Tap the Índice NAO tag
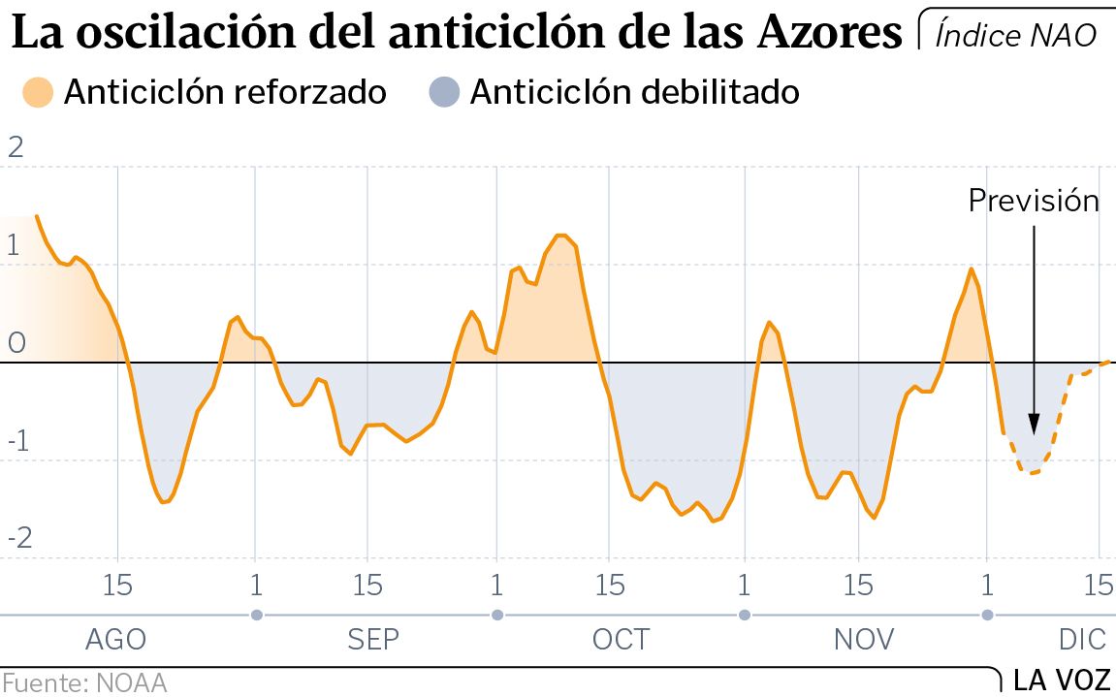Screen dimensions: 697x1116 point(1016,35)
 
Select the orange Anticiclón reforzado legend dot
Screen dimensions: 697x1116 point(38,92)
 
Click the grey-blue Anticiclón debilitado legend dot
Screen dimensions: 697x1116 point(443,92)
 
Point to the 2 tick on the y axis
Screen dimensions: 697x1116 point(15,147)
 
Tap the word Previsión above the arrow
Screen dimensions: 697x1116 point(1034,201)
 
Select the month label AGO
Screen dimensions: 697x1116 point(116,640)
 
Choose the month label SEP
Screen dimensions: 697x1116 point(372,640)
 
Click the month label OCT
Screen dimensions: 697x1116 point(621,640)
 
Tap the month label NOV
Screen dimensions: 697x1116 point(864,640)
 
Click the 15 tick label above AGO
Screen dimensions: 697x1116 point(117,586)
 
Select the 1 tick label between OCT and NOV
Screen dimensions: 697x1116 point(744,586)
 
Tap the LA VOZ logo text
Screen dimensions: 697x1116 point(1062,681)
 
